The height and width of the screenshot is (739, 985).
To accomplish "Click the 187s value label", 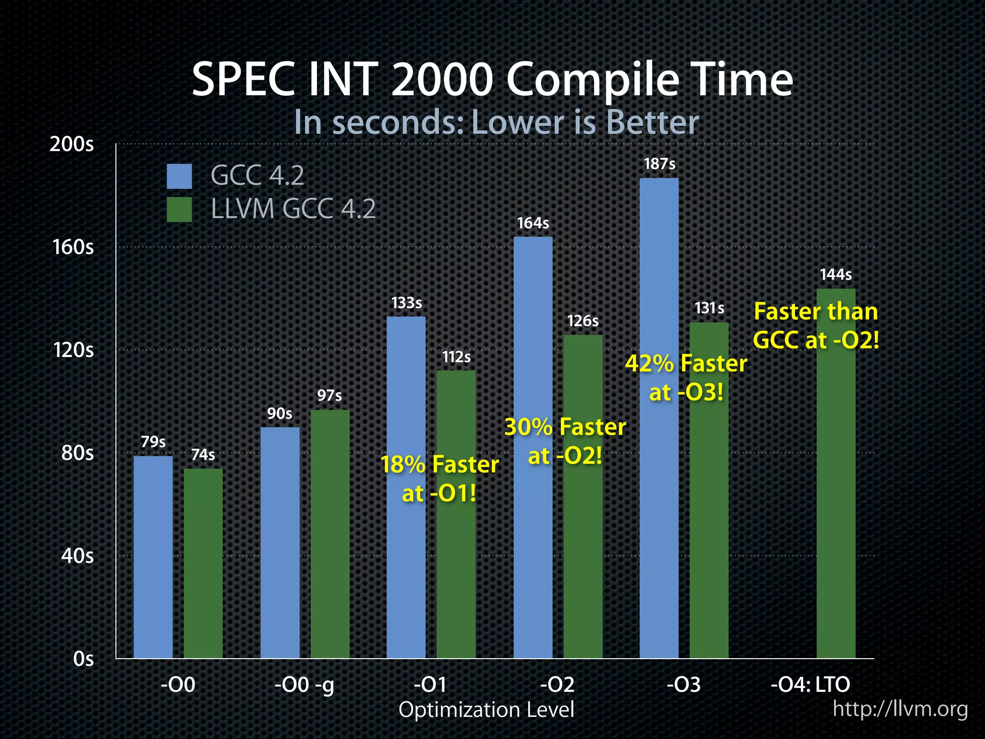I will (659, 164).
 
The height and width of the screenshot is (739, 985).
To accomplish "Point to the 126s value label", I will (582, 321).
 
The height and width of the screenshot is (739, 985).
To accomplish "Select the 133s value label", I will (406, 303).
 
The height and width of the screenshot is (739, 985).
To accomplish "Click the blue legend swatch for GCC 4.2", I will (179, 176).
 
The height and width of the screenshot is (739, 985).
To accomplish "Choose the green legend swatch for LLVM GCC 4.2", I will (179, 209).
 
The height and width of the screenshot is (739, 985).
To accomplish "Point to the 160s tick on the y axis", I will (73, 247).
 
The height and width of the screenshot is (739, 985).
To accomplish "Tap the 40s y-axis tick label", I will (77, 556).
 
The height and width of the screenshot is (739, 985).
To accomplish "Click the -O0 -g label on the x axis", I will (304, 685).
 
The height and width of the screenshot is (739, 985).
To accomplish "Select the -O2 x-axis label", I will (557, 684).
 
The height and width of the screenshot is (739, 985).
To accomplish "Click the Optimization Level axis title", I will (486, 710).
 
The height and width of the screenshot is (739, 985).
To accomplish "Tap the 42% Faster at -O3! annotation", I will (686, 378).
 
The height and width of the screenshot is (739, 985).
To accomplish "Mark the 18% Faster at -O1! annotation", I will (439, 479).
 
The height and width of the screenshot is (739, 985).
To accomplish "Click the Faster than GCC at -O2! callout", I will (816, 326).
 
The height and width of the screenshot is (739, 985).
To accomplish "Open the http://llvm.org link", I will (900, 709).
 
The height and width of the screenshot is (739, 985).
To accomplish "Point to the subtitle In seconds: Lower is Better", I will (496, 122).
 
